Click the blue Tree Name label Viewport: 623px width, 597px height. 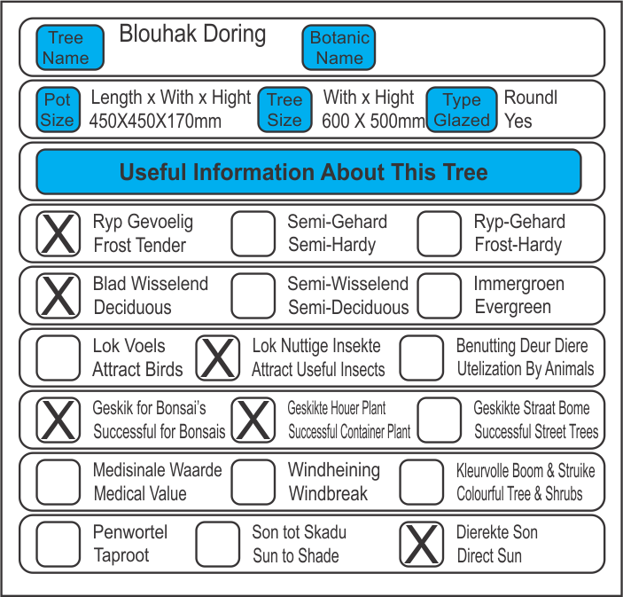pos(70,48)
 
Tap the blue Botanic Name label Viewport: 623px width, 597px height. pos(339,48)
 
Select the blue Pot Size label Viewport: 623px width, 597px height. pos(58,110)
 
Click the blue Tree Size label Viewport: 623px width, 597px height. pos(284,110)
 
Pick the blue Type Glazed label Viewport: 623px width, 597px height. pos(461,110)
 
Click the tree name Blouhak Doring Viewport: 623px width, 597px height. pos(192,35)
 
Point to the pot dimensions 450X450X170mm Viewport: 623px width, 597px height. pos(156,121)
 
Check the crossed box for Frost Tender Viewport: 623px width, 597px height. pos(58,234)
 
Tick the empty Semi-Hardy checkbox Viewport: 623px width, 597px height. pos(253,234)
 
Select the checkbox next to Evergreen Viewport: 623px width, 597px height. pos(440,296)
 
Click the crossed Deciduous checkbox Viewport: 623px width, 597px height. pos(58,296)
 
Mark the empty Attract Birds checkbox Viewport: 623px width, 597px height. pos(58,358)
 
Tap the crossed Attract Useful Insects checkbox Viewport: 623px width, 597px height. pos(218,358)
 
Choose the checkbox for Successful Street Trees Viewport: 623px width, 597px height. pos(440,420)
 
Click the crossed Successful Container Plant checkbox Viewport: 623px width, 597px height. pos(253,420)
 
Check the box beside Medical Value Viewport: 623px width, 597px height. pos(58,482)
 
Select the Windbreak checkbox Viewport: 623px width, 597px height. pos(253,482)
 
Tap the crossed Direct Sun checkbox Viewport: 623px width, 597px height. pos(422,544)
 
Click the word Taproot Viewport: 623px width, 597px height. pos(121,556)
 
